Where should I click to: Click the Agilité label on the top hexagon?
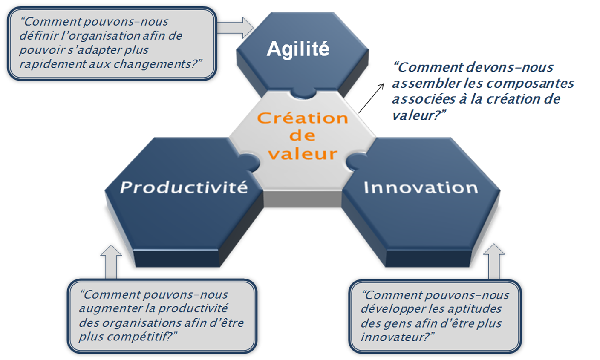pos(298,49)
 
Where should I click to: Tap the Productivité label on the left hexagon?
pos(184,187)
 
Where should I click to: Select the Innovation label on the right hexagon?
pos(421,187)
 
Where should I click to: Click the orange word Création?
pos(303,118)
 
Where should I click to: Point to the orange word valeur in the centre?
pos(303,154)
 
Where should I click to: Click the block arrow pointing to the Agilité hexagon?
pos(235,28)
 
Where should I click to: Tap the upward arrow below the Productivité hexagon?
pos(111,262)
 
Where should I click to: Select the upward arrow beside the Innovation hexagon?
pos(494,262)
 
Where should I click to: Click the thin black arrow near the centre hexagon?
pos(371,98)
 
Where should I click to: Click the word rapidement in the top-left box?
pos(52,65)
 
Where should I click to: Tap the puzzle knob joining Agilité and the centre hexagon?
pos(303,93)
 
